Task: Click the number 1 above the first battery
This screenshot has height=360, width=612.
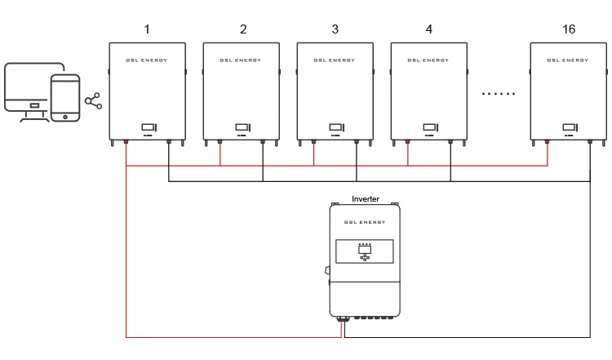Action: point(147,29)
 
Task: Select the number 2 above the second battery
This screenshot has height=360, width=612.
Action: point(243,29)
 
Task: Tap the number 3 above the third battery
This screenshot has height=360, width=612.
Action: point(335,29)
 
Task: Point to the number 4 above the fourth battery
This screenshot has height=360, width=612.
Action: point(429,29)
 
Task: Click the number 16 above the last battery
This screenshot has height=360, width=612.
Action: point(569,29)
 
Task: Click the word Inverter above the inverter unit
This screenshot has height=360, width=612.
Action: point(365,198)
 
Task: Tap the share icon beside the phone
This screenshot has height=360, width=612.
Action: point(94,101)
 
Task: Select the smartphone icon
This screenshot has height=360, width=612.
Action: point(65,98)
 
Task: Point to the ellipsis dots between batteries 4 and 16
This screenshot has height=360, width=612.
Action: point(499,95)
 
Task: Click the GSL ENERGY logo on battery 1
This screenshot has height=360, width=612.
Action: point(148,60)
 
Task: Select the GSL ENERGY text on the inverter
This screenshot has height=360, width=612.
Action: point(365,221)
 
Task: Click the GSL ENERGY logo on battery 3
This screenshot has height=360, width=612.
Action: point(335,60)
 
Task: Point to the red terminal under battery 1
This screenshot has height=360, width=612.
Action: point(126,142)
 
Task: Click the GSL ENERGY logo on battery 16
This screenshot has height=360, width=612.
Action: point(569,60)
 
